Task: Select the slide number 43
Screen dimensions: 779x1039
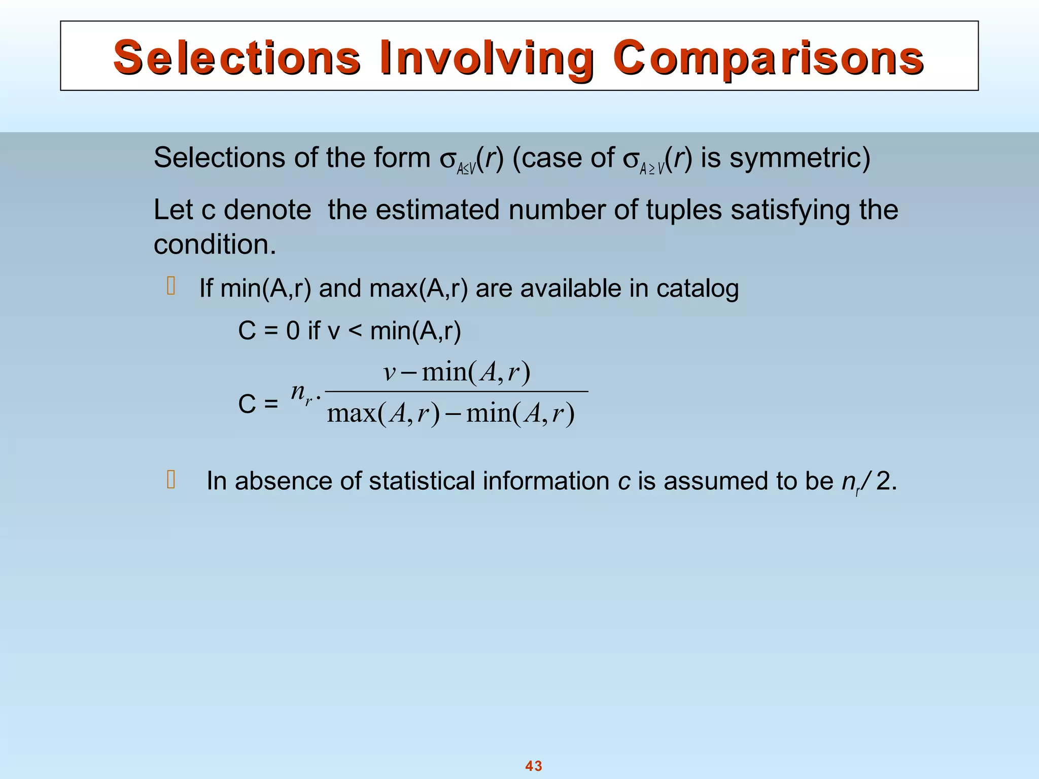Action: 533,765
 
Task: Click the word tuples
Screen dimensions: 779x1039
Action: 683,210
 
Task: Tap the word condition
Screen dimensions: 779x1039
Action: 215,244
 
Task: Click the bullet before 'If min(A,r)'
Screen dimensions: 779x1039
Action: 171,287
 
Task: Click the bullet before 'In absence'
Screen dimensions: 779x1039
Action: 171,479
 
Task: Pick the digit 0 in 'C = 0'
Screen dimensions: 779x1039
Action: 293,331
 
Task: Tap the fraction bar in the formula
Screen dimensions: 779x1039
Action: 456,392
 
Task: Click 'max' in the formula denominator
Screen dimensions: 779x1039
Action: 351,413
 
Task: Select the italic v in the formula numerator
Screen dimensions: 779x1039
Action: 389,373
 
